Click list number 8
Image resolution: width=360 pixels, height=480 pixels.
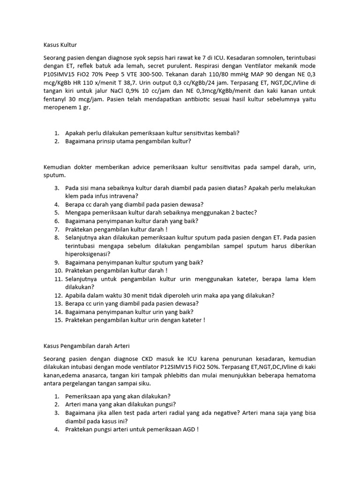57,238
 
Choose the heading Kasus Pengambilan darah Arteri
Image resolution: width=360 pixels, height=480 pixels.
83,346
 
